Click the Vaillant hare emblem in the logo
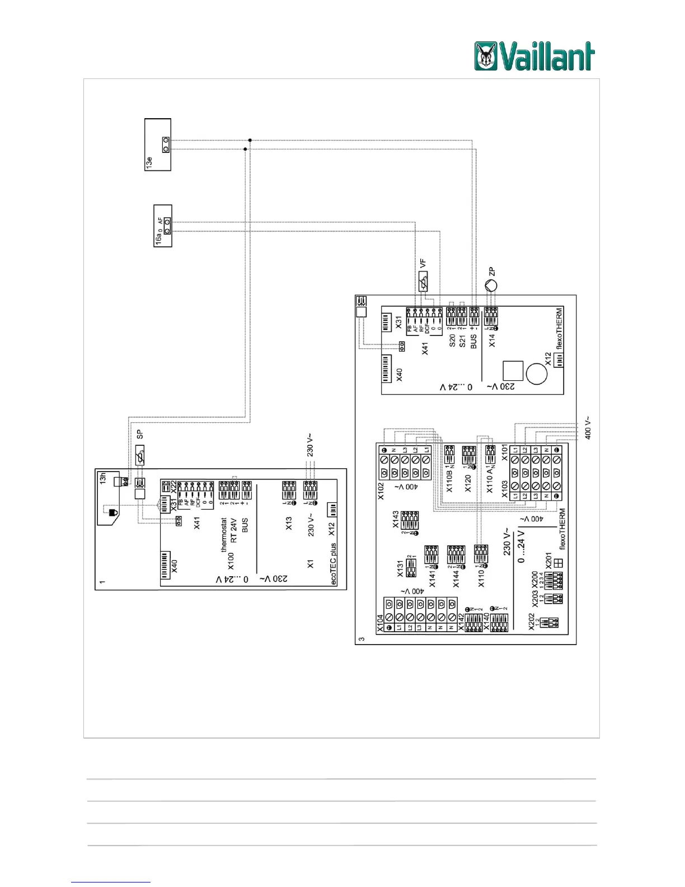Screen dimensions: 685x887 486,56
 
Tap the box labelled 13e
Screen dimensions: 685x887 157,144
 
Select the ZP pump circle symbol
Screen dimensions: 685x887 490,286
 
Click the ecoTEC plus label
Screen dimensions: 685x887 334,564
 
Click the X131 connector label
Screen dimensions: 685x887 400,569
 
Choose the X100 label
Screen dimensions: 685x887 231,561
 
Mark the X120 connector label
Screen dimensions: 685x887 468,483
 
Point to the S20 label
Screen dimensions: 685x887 452,340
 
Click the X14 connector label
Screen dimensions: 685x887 492,340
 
